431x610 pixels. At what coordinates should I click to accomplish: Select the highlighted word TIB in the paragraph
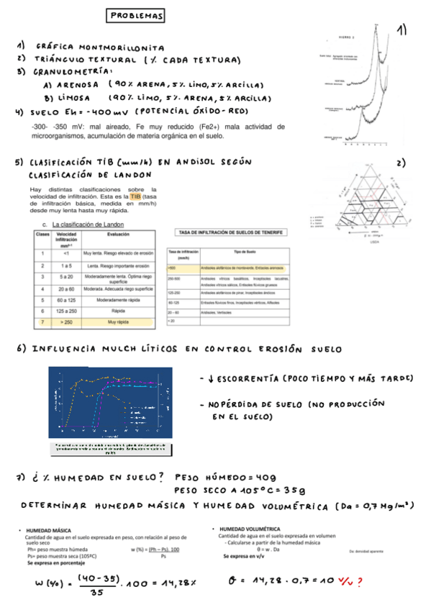pyautogui.click(x=135, y=196)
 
